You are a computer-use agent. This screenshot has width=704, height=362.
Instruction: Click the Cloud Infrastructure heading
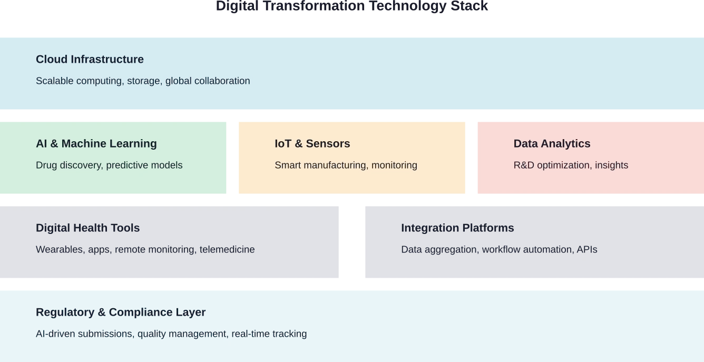coord(90,60)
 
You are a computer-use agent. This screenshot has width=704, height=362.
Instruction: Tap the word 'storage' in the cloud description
coord(144,81)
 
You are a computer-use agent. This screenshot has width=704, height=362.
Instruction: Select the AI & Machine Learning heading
coord(96,144)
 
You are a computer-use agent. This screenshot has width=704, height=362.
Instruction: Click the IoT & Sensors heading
coord(312,144)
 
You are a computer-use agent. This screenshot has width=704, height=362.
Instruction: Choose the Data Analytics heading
coord(552,144)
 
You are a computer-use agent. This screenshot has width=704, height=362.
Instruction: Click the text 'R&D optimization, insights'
coord(571,165)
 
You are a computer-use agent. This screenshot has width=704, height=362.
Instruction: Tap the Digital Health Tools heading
coord(87,228)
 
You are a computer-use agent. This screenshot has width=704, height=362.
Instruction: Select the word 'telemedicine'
coord(227,250)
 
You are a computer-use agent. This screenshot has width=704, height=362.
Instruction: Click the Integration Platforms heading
coord(457,228)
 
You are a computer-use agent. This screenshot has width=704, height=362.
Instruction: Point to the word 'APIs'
coord(587,250)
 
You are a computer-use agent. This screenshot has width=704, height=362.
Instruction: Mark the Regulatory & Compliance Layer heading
coord(121,312)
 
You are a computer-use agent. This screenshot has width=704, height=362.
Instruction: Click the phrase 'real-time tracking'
coord(269,334)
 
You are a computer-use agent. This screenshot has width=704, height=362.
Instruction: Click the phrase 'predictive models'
coord(144,165)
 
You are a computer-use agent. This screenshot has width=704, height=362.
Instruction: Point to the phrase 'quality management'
coord(182,334)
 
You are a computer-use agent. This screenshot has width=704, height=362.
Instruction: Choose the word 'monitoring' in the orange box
coord(394,165)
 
